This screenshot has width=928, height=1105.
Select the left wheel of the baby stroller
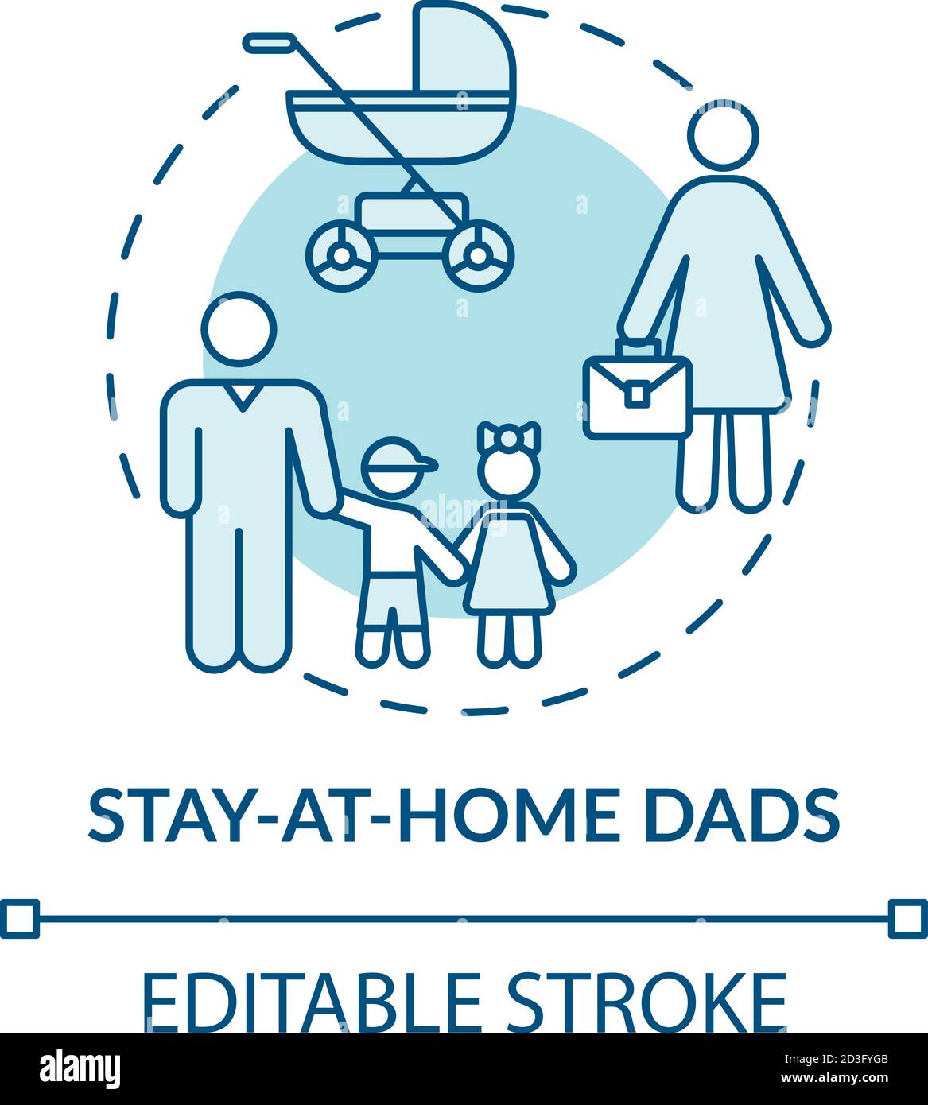(x=341, y=254)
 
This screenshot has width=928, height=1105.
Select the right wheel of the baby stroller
(x=479, y=254)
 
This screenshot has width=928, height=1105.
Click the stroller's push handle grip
(x=269, y=42)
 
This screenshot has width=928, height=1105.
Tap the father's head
(x=239, y=329)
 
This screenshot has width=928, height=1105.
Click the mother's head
(x=723, y=136)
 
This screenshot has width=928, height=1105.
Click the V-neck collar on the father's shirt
(x=241, y=393)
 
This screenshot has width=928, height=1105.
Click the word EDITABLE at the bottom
(x=310, y=1003)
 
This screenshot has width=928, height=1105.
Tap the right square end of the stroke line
(x=907, y=918)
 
